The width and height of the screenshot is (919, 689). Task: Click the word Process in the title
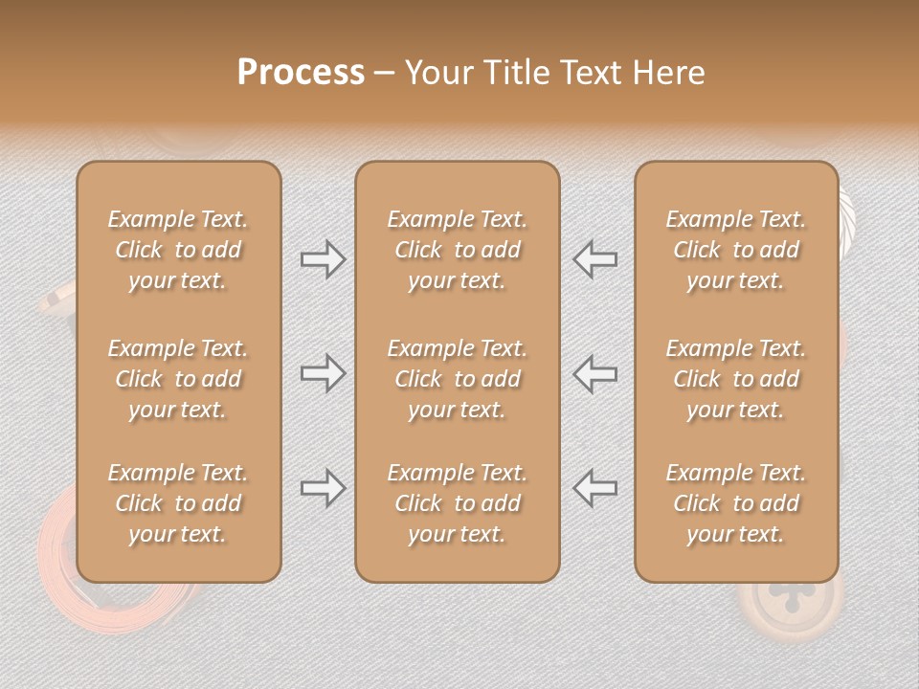tap(301, 73)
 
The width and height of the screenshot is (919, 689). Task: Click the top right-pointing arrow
tap(323, 259)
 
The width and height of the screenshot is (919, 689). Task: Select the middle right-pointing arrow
tap(323, 373)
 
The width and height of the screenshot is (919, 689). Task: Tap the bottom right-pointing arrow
tap(323, 488)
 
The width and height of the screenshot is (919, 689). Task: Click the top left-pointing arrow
tap(594, 259)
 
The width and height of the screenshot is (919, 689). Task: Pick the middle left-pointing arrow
tap(594, 373)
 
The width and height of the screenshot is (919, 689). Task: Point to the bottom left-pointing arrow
tap(594, 488)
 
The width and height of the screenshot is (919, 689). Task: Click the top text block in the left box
tap(178, 250)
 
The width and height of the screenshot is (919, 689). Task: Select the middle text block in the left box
tap(178, 379)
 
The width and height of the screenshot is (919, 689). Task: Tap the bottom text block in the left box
tap(178, 503)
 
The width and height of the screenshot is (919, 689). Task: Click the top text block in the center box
tap(457, 250)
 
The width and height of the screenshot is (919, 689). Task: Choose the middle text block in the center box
tap(457, 379)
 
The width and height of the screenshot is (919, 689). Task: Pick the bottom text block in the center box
tap(457, 503)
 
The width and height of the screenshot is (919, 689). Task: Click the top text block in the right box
tap(735, 250)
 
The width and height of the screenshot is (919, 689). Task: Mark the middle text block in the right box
tap(735, 379)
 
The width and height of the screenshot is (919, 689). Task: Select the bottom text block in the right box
tap(735, 503)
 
